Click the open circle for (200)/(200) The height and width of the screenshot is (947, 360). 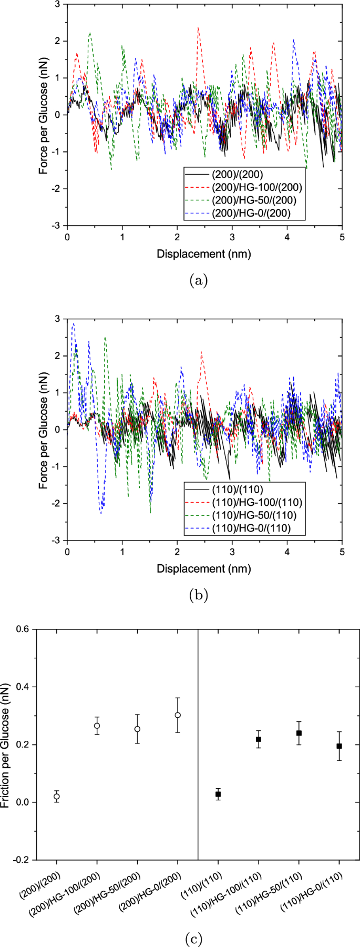56,797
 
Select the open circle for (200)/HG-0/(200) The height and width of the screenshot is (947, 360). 178,715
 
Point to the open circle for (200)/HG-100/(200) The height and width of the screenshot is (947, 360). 97,726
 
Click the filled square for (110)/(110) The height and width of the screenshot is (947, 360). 218,795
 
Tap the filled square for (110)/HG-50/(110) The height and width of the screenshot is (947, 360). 299,733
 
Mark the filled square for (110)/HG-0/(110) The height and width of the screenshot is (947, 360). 339,746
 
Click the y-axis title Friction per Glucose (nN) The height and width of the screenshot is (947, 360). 6,744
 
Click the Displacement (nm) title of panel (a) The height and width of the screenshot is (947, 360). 204,254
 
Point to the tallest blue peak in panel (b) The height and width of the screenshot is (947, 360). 73,324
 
